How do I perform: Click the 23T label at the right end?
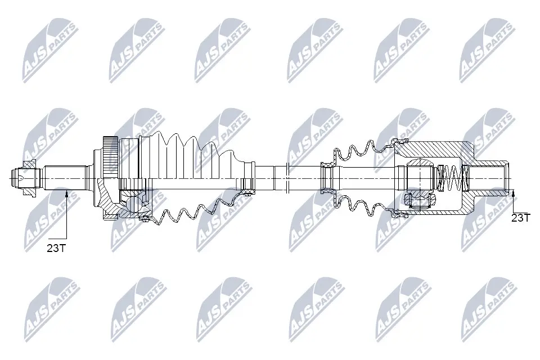click(520, 218)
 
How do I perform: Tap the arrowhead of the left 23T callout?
click(66, 195)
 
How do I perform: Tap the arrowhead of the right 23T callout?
click(514, 195)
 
